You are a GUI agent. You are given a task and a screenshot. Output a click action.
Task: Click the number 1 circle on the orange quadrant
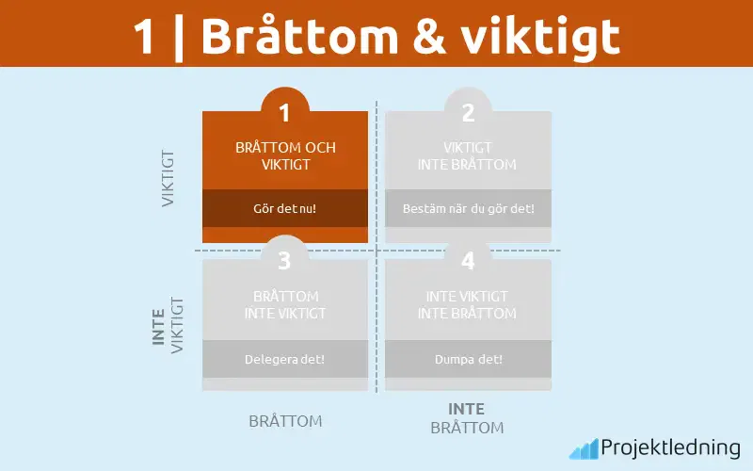click(x=284, y=113)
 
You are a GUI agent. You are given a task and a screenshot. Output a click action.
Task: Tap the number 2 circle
click(x=468, y=113)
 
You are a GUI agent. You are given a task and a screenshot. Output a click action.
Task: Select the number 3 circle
click(x=284, y=260)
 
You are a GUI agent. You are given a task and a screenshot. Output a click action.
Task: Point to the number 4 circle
click(x=468, y=260)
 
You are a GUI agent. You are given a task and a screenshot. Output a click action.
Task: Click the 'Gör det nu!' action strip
click(x=285, y=208)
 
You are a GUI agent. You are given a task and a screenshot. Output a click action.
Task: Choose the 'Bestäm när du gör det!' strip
click(x=468, y=208)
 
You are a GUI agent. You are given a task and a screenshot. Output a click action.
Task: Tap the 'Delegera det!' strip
click(x=285, y=359)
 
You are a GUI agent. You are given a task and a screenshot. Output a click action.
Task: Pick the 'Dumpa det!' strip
click(x=468, y=359)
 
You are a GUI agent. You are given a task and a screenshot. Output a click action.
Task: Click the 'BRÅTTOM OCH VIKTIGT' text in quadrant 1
click(x=285, y=156)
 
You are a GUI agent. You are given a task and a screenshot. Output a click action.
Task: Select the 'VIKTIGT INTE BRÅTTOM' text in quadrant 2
click(x=468, y=156)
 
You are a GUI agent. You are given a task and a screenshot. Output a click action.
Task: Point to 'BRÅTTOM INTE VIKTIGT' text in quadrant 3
click(x=285, y=304)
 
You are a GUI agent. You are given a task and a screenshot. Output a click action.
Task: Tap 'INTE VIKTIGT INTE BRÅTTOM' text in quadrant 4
click(x=468, y=304)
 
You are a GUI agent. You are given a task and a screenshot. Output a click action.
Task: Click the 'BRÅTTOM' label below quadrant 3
click(x=285, y=421)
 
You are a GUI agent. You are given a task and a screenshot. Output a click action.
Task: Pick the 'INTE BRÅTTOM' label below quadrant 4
click(x=467, y=418)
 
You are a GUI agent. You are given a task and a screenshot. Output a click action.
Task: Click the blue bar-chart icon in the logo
click(x=583, y=448)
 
